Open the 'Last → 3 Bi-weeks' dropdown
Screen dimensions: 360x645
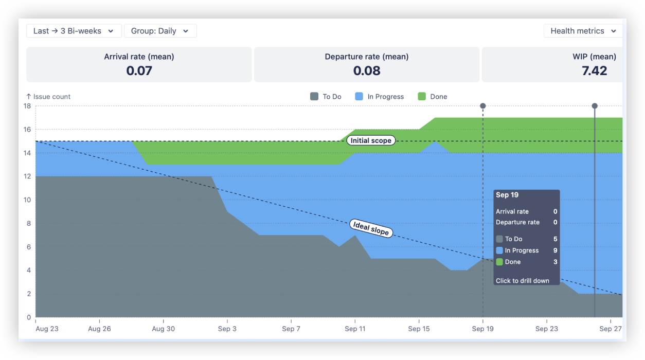tap(74, 31)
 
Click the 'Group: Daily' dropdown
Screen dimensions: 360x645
tap(160, 31)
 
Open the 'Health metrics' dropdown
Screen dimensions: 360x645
tap(583, 31)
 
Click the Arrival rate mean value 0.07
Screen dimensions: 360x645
tap(139, 71)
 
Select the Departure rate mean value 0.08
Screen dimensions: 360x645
tap(366, 71)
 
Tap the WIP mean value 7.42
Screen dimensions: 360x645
tap(594, 71)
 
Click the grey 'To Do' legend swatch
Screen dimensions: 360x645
tap(314, 97)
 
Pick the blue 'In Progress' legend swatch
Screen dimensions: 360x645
tap(359, 97)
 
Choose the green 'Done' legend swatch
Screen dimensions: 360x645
tap(422, 97)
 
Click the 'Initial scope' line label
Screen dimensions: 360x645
tap(371, 140)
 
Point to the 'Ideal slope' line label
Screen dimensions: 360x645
tap(371, 228)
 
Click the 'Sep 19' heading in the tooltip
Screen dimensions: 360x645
tap(507, 195)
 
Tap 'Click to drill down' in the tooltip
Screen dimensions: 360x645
tap(522, 281)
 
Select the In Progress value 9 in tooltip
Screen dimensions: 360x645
tap(555, 250)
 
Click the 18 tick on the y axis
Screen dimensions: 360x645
tap(27, 106)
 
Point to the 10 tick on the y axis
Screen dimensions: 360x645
tap(27, 200)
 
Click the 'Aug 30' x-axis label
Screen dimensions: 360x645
tap(164, 329)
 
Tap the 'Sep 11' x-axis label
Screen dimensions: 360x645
tap(355, 329)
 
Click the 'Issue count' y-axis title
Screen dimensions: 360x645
tap(51, 97)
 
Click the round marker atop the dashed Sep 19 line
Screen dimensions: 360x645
tap(483, 106)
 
